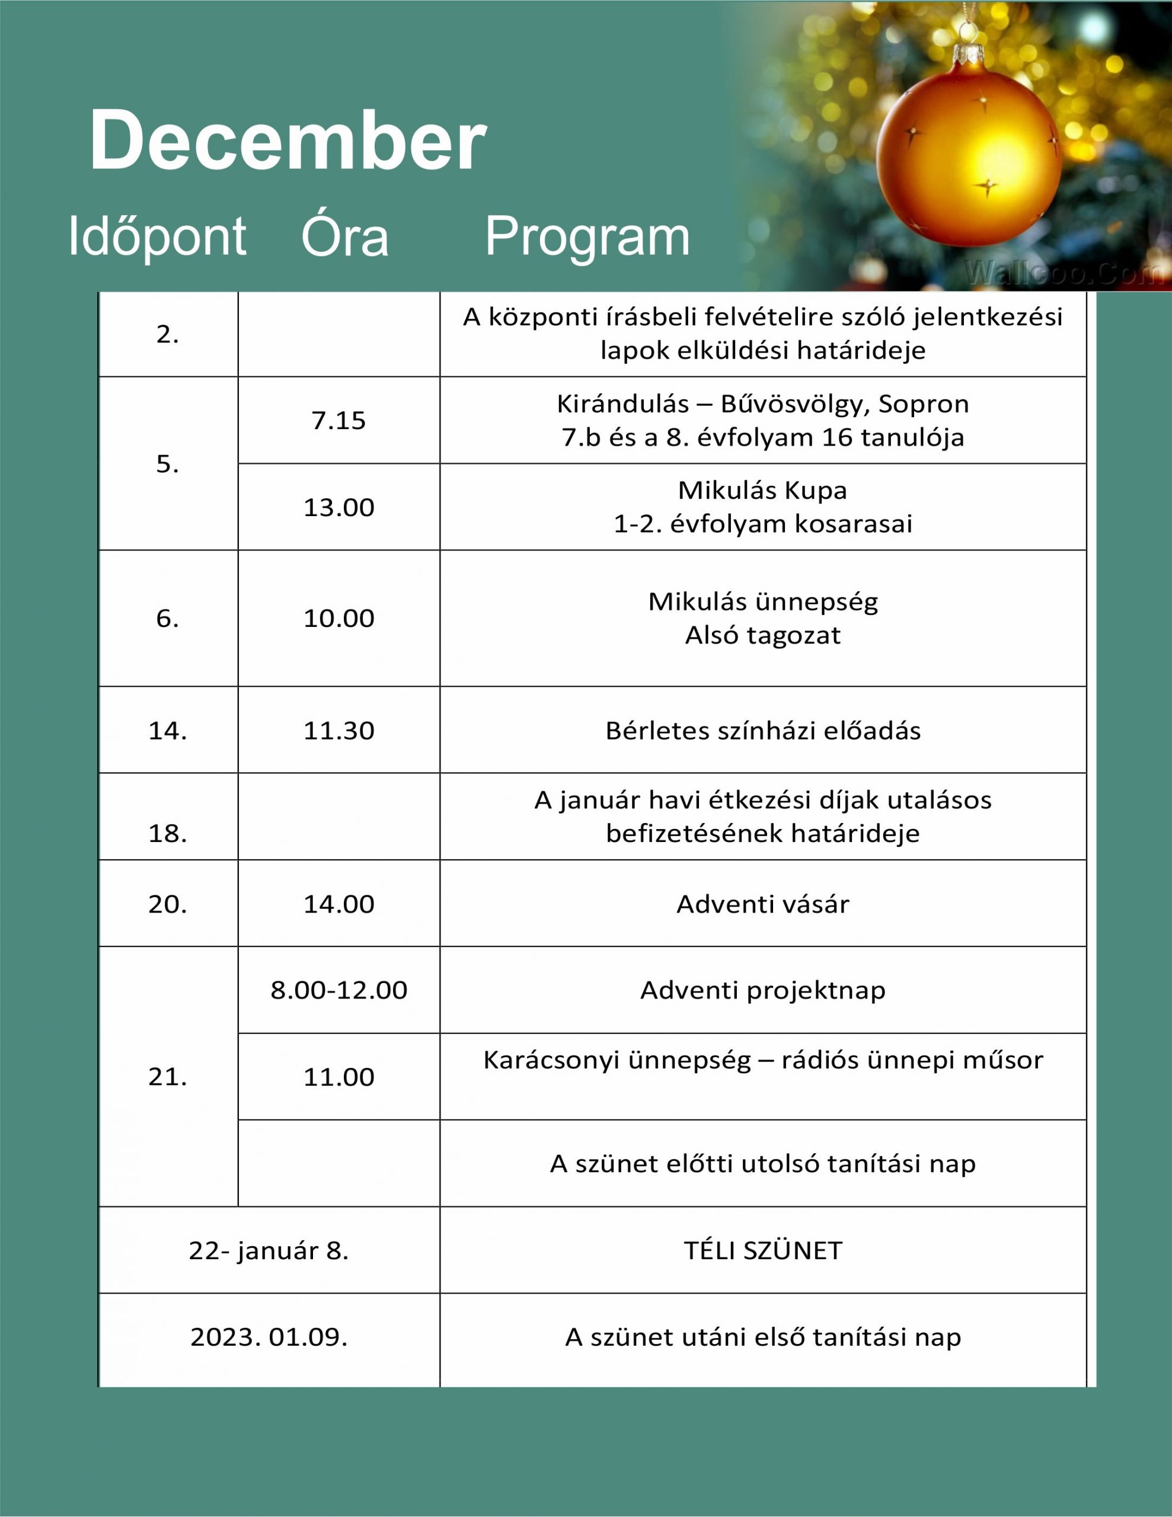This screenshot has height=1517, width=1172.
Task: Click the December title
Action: tap(288, 140)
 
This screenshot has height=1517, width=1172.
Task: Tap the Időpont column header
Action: tap(157, 236)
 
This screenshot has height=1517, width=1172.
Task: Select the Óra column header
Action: tap(344, 236)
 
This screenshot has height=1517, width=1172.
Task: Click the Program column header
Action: tap(587, 236)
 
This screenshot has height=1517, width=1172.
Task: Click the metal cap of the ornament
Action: tap(967, 54)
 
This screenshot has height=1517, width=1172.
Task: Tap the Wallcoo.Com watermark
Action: tap(1063, 273)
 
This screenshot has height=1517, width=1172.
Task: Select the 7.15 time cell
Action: tap(338, 420)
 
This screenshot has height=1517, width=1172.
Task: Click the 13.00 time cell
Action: tap(338, 507)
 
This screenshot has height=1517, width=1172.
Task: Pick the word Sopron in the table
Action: tap(923, 404)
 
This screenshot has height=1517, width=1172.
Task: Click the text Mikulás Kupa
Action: tap(762, 491)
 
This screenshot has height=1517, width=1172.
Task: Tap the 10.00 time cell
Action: tap(338, 617)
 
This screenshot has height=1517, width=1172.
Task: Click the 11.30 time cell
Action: tap(338, 731)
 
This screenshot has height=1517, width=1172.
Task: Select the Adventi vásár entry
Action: tap(762, 904)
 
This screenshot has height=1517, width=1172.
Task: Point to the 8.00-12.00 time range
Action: tap(338, 990)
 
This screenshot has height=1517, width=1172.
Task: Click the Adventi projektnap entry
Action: tap(762, 990)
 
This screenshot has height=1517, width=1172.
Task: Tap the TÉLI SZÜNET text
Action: tap(762, 1250)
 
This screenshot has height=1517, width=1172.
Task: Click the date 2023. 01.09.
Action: tap(269, 1337)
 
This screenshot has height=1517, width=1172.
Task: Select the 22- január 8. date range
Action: tap(269, 1250)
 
